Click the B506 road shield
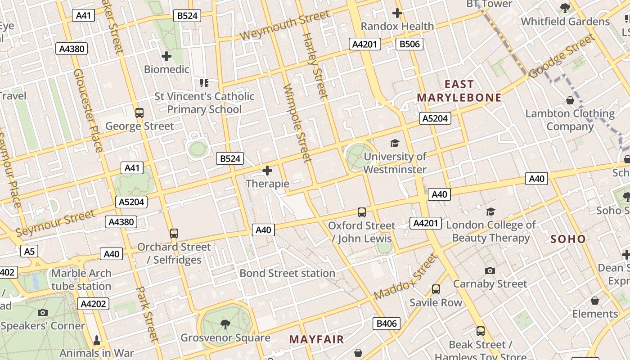tap(409, 44)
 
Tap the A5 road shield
tap(29, 251)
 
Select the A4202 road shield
tap(94, 304)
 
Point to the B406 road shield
tap(387, 323)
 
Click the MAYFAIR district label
tap(316, 339)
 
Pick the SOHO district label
tap(568, 239)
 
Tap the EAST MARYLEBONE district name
tap(459, 91)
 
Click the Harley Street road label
tap(315, 66)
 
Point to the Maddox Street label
tap(405, 277)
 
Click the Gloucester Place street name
tap(87, 110)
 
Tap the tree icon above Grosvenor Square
tap(225, 324)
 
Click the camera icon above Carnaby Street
tap(490, 270)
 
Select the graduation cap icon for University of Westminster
tap(395, 143)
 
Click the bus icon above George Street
tap(139, 113)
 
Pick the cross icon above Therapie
tap(267, 171)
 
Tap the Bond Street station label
tap(287, 273)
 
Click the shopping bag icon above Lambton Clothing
tap(570, 100)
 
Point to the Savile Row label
tap(436, 302)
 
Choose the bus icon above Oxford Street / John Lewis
tap(361, 212)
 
